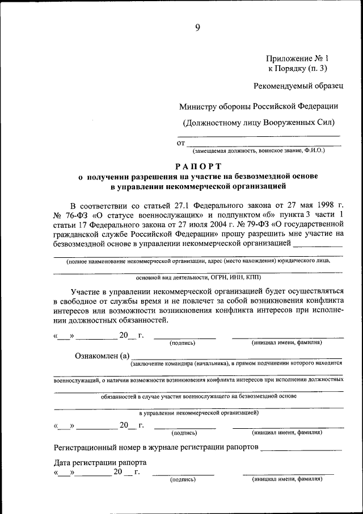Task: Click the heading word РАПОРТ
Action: (x=197, y=166)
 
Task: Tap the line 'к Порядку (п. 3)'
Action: (x=298, y=69)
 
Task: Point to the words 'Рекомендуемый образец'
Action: (x=298, y=86)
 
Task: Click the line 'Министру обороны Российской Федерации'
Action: (x=259, y=106)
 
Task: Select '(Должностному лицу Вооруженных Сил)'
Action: (x=259, y=122)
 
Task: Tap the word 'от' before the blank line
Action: (x=181, y=144)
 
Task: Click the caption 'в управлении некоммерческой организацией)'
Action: (x=198, y=412)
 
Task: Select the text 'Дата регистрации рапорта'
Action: (x=100, y=462)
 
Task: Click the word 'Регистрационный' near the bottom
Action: (x=87, y=448)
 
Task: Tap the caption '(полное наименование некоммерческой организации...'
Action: (x=198, y=261)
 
